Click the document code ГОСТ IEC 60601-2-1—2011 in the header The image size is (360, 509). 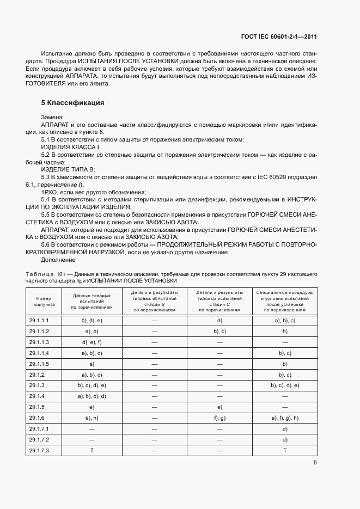pos(279,36)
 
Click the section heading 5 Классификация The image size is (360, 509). pos(72,103)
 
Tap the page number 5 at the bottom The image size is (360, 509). pos(315,463)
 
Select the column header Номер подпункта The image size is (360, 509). pos(44,302)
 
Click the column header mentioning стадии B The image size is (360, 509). pos(154,302)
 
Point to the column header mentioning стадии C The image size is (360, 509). pos(219,302)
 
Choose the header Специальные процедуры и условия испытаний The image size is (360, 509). pos(284,302)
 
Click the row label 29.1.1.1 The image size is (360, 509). pos(39,321)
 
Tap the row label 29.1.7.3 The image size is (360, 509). pos(39,450)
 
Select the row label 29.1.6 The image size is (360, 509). pos(37,418)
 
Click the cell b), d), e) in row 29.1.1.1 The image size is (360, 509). pos(91,321)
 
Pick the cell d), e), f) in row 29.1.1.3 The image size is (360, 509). pos(91,342)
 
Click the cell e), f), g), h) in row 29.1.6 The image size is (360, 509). pos(285,418)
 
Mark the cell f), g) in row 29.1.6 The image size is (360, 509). pos(219,418)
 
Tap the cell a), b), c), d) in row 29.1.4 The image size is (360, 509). pos(91,396)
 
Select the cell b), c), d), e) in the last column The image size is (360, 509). pos(285,385)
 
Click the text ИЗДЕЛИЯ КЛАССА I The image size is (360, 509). pos(71,147)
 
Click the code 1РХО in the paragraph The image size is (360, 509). pos(50,192)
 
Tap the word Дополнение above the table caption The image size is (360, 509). pos(57,260)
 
